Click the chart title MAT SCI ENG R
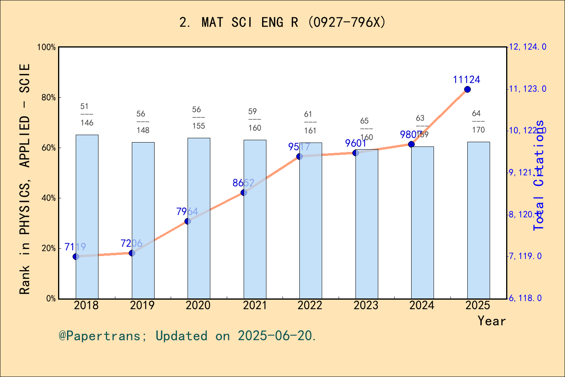[282, 22]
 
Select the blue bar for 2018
[87, 216]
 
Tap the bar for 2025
[478, 220]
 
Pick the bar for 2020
[199, 218]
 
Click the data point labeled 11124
[467, 90]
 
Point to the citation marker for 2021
[244, 192]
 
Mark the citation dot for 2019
[132, 253]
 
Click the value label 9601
[355, 143]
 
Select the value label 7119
[75, 247]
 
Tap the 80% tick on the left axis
[49, 98]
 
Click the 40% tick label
[49, 198]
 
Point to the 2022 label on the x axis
[310, 306]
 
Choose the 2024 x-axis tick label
[421, 306]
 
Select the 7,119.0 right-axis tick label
[525, 256]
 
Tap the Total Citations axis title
[539, 175]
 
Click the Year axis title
[491, 321]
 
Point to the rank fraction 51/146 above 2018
[87, 115]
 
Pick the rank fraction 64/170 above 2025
[478, 122]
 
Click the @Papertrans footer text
[188, 336]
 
